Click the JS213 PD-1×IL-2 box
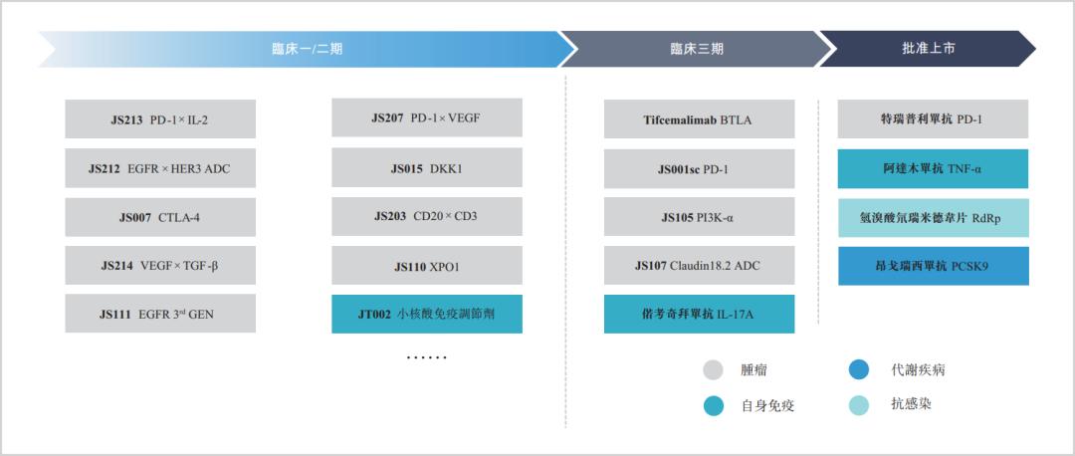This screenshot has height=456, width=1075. [160, 119]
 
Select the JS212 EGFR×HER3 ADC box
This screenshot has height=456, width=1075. [160, 168]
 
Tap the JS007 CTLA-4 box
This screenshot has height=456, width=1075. [160, 217]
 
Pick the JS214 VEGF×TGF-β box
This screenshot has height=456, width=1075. [160, 266]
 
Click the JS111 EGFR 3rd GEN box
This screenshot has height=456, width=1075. [160, 314]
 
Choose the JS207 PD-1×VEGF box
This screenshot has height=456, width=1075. [427, 117]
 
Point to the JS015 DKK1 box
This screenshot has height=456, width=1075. [427, 168]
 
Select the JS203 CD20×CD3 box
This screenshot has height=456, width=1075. [427, 217]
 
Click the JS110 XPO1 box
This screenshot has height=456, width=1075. [427, 266]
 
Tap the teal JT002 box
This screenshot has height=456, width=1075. [427, 314]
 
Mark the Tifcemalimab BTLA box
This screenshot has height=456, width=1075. [700, 119]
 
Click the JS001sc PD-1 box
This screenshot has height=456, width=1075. [700, 168]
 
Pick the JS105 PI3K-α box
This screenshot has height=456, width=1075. [700, 217]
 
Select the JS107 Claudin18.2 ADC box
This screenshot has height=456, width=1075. [700, 266]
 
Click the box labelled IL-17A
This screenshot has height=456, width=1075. [700, 314]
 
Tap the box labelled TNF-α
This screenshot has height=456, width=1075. [933, 168]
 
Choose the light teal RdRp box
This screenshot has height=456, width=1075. [933, 218]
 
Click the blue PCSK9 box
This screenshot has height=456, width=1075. [933, 266]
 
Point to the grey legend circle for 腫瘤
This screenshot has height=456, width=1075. [714, 370]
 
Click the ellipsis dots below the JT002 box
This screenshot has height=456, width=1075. [426, 357]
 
